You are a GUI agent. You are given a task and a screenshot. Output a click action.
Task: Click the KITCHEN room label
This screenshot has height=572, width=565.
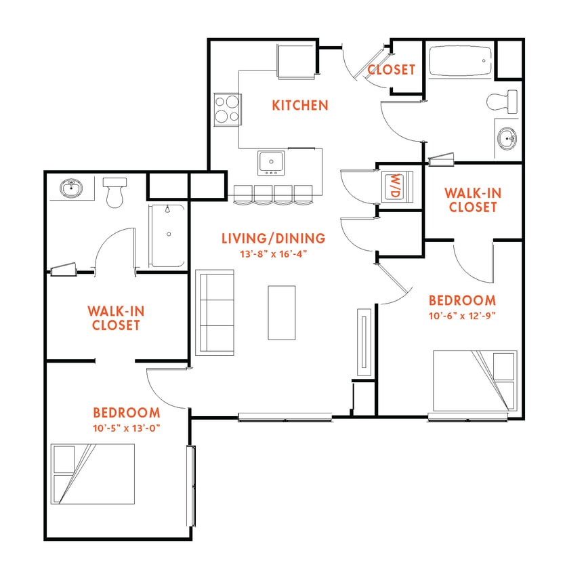[x=300, y=105]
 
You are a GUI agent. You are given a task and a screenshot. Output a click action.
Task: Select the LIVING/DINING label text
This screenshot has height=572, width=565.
[x=273, y=238]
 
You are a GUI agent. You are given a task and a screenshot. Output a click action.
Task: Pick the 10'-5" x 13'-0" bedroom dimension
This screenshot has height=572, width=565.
[x=127, y=428]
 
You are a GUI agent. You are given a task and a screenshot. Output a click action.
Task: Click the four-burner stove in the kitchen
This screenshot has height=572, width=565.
[x=228, y=108]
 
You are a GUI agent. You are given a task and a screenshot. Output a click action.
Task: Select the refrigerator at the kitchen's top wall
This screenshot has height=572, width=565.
[x=296, y=61]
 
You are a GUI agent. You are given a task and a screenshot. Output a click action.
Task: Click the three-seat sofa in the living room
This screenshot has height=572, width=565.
[x=215, y=312]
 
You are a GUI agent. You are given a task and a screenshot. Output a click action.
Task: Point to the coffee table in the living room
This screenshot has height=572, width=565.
[x=282, y=312]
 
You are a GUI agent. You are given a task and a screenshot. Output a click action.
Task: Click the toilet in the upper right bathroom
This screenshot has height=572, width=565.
[x=503, y=102]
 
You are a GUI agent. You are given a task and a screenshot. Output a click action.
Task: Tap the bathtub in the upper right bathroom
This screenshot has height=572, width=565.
[x=460, y=63]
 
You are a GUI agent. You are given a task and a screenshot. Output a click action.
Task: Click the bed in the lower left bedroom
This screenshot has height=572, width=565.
[x=93, y=474]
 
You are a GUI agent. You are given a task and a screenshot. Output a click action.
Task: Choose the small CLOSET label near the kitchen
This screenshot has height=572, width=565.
[x=391, y=69]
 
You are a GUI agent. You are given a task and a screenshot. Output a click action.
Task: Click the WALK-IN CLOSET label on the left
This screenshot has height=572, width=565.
[x=116, y=318]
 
